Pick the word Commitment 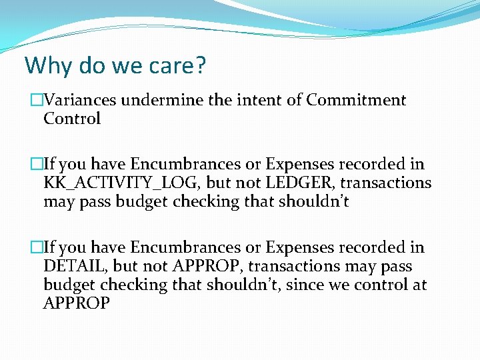click(356, 100)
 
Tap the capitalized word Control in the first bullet click(72, 119)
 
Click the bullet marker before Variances click(36, 100)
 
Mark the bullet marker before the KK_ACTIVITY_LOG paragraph click(36, 164)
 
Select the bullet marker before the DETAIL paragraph click(36, 248)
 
